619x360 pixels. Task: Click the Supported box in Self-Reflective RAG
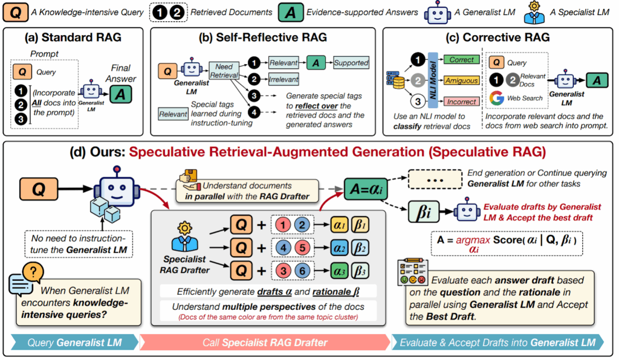pos(351,62)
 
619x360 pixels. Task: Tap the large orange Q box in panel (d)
pos(38,189)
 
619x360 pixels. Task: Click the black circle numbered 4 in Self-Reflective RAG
pos(254,112)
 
